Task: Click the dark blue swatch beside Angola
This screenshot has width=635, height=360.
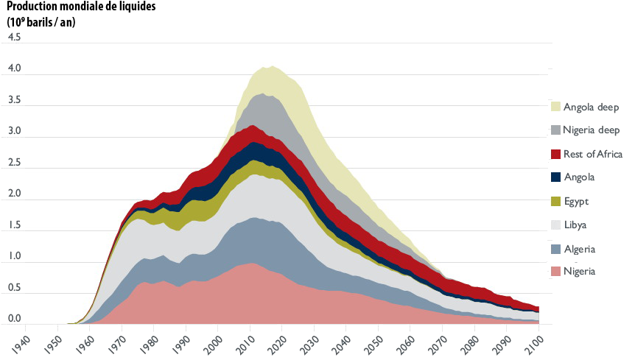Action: pos(556,177)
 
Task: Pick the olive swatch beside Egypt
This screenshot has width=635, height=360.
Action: pos(556,201)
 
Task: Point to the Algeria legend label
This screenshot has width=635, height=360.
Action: pos(579,249)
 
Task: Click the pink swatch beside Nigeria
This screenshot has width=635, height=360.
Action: pos(556,272)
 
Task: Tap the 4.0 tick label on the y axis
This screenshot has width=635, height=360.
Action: pos(14,68)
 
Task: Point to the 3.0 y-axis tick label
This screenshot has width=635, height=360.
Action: pos(14,131)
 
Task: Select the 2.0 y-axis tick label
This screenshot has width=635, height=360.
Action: pos(14,194)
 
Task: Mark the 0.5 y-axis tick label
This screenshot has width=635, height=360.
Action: pos(14,288)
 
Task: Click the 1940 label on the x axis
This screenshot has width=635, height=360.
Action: pos(23,339)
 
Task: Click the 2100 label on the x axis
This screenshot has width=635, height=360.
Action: pos(536,339)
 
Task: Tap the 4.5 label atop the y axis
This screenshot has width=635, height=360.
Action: pos(14,37)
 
